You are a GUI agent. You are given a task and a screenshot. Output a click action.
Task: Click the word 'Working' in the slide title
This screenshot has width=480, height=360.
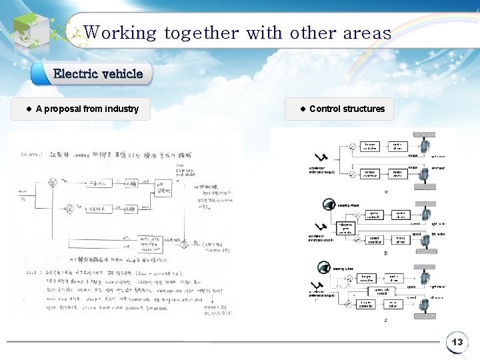pyautogui.click(x=120, y=33)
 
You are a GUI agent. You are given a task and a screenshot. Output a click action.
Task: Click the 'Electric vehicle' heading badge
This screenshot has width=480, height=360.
pyautogui.click(x=98, y=73)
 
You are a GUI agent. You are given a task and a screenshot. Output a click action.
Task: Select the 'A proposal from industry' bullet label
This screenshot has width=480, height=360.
pyautogui.click(x=87, y=109)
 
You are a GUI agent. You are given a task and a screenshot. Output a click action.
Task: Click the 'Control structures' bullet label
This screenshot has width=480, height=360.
pyautogui.click(x=347, y=109)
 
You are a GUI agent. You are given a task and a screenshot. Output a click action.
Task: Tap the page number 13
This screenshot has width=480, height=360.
pyautogui.click(x=457, y=343)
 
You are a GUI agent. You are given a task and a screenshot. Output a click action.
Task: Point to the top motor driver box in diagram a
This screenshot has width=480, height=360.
pyautogui.click(x=397, y=146)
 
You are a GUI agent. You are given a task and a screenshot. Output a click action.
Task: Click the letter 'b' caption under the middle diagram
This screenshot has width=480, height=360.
pyautogui.click(x=386, y=253)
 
